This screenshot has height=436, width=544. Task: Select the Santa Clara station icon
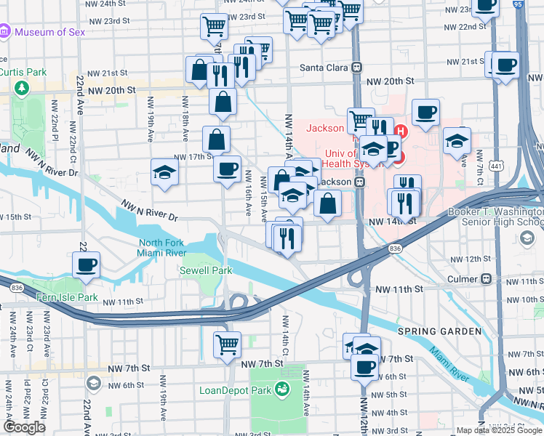[x=357, y=67]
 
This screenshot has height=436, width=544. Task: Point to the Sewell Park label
[x=206, y=270]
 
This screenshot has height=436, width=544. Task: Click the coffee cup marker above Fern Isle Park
[x=86, y=265]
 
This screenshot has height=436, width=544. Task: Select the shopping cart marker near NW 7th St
[x=227, y=344]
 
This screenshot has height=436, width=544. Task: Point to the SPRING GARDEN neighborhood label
[x=439, y=331]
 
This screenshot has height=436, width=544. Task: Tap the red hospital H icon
[x=399, y=132]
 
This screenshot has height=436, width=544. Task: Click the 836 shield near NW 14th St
[x=395, y=249]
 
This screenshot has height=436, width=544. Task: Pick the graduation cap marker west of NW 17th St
[x=164, y=173]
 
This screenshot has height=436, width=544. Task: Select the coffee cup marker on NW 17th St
[x=227, y=169]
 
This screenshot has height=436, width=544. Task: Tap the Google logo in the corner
[x=24, y=427]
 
